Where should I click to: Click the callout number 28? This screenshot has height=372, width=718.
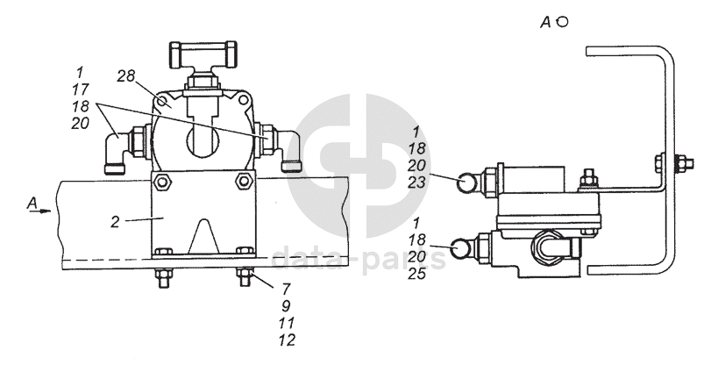tap(125, 76)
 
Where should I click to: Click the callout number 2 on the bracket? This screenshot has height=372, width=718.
tap(115, 222)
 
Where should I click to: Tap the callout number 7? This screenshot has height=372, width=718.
tap(287, 289)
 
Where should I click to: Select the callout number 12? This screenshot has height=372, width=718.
tap(287, 340)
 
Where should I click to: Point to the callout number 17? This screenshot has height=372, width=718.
tap(80, 89)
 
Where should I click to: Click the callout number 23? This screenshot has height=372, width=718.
tap(416, 182)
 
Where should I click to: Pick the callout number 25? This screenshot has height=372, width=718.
tap(416, 274)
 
